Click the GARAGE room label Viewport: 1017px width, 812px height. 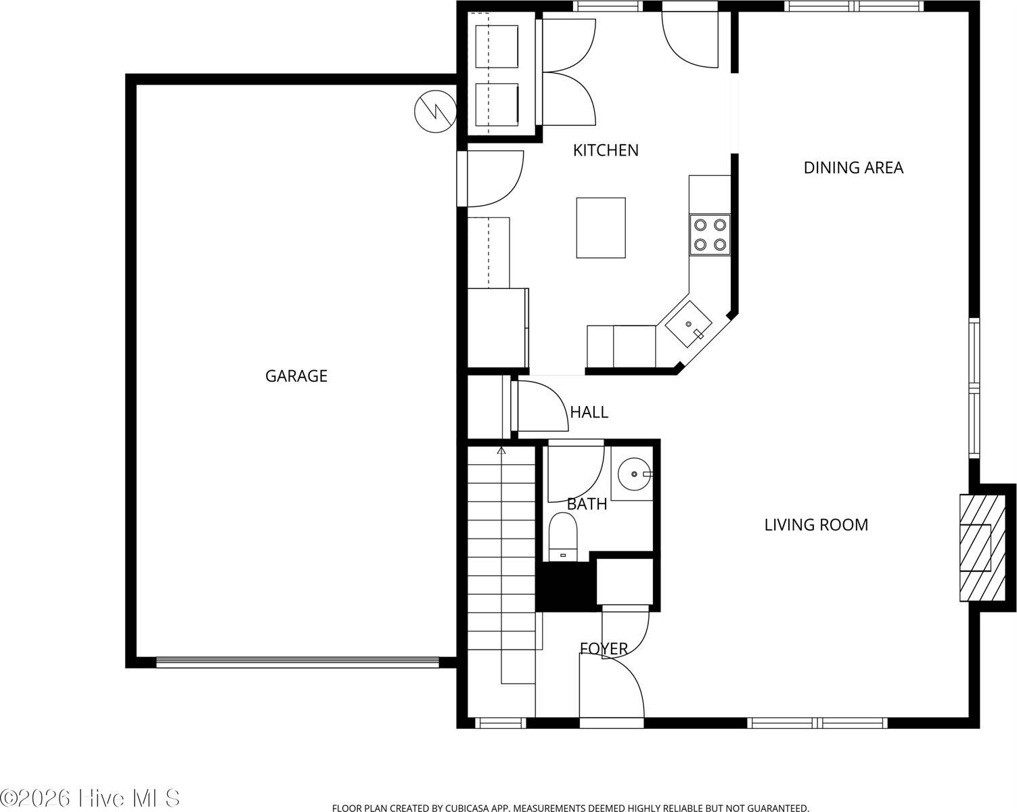tap(296, 376)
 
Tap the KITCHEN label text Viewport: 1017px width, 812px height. tap(606, 150)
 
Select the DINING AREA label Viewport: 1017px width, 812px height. tap(853, 168)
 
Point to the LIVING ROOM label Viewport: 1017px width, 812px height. tap(816, 525)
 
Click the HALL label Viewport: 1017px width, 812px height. tap(589, 412)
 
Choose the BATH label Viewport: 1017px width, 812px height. tap(587, 504)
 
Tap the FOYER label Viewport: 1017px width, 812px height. tap(604, 649)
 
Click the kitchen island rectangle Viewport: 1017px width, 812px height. tap(601, 227)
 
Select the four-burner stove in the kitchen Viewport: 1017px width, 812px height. tap(710, 234)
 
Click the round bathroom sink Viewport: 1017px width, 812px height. tap(635, 474)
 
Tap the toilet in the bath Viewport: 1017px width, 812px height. tap(562, 536)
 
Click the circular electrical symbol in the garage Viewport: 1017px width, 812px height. tap(435, 111)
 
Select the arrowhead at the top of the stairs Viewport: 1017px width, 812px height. tap(501, 449)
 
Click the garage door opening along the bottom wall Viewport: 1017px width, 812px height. tap(297, 662)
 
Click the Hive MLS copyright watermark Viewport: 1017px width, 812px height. tap(90, 798)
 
